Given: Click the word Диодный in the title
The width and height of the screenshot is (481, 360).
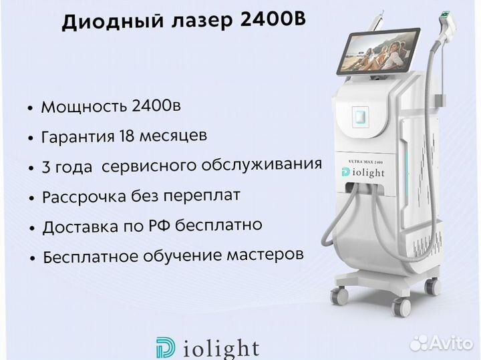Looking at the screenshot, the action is [x=113, y=21].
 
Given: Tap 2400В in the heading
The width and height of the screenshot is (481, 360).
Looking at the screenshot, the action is [x=273, y=19].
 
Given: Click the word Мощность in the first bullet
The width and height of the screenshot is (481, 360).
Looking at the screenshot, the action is [x=84, y=107].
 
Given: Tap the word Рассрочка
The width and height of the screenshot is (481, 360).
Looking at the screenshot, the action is [x=84, y=197].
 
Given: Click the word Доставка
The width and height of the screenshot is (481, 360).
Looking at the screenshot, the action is [x=80, y=227].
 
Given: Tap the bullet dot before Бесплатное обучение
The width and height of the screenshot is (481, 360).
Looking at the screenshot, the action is [x=32, y=258].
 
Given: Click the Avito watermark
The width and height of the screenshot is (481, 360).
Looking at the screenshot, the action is [x=442, y=343].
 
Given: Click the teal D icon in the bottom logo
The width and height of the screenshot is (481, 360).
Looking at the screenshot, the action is [x=166, y=348].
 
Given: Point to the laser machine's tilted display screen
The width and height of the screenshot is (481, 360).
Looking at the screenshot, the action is [x=378, y=51].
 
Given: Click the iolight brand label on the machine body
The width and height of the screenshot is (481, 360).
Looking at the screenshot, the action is [x=363, y=172].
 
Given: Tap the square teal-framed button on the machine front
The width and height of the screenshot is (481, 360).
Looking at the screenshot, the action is [x=360, y=116].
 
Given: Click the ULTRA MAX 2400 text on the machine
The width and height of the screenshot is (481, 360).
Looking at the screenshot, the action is [x=365, y=162].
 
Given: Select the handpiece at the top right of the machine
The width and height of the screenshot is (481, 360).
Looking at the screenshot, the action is [x=448, y=21].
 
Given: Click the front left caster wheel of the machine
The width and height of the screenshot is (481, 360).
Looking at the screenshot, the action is [x=339, y=296].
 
